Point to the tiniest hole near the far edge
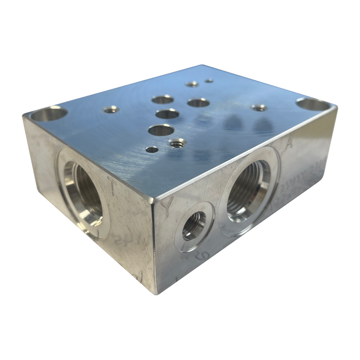click(209, 80)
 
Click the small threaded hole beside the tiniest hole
click(192, 84)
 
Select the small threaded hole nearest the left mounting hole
click(111, 109)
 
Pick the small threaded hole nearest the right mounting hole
click(259, 107)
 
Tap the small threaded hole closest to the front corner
click(177, 142)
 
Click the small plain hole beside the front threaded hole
click(152, 150)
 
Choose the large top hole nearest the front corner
click(161, 130)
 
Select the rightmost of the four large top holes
click(198, 102)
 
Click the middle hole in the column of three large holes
click(167, 114)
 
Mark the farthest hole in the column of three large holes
click(163, 99)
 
